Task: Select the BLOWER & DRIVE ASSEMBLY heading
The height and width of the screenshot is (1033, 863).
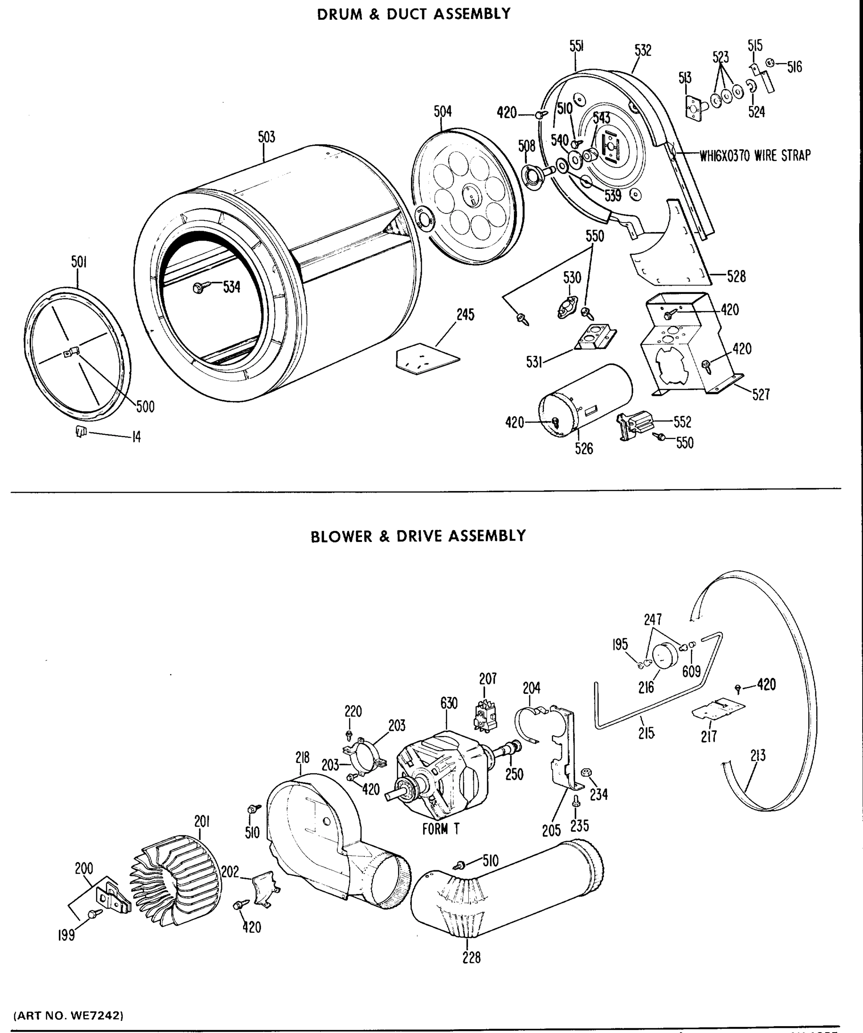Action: click(x=418, y=536)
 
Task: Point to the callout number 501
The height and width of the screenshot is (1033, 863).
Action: click(x=79, y=262)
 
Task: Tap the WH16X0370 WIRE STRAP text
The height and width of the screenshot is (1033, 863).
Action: click(x=755, y=156)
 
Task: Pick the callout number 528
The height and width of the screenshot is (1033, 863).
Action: click(x=736, y=276)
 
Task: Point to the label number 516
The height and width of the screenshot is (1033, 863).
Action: click(x=794, y=67)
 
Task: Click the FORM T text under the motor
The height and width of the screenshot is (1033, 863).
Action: click(x=440, y=829)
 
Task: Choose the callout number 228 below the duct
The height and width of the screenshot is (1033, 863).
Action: click(x=471, y=957)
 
